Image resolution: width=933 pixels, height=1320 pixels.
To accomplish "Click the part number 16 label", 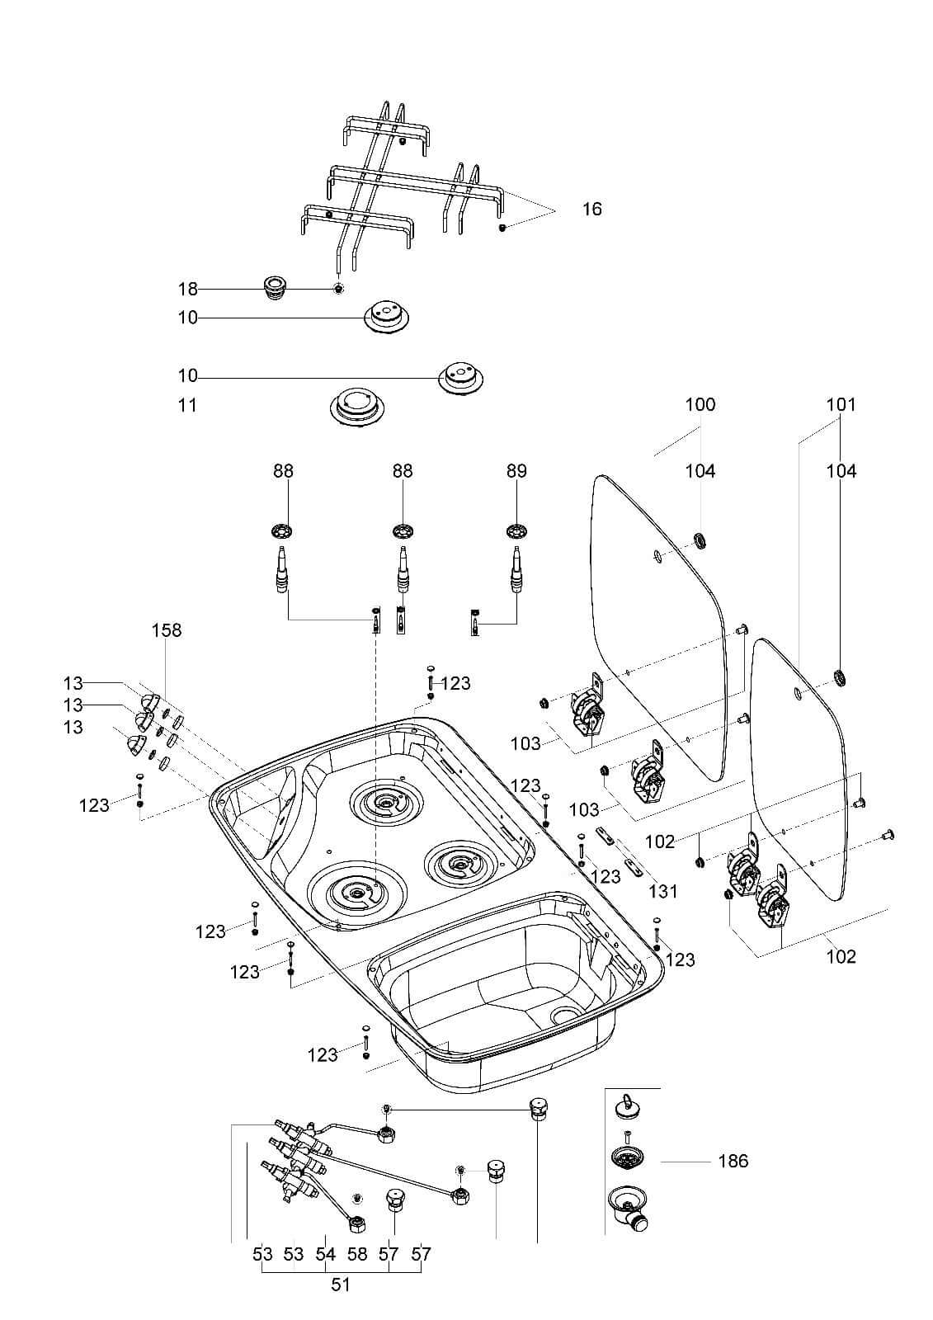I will pos(592,209).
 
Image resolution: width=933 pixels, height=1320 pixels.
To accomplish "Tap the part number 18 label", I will pos(188,289).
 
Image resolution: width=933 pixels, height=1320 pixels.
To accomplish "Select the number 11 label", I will pos(188,405).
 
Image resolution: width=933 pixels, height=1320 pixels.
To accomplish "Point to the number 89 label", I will pos(516,471).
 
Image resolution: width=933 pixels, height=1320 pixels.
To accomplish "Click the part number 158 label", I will pos(167,630).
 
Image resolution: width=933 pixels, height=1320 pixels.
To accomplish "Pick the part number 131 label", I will pos(663,891).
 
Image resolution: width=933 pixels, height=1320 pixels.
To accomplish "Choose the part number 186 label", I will pos(733,1161).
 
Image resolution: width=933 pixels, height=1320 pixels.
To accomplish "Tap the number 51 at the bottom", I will pos(341,1285).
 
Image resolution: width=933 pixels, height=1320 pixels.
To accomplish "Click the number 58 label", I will pos(357,1255).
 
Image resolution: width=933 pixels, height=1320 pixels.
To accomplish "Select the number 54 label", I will pos(326,1255).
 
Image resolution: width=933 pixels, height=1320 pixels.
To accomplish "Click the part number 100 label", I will pos(700,405).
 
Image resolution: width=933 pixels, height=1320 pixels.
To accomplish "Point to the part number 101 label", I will pos(841,405).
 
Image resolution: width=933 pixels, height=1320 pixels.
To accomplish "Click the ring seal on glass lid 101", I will pos(841,678).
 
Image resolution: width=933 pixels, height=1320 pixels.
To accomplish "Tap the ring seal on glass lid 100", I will pos(701,541).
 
